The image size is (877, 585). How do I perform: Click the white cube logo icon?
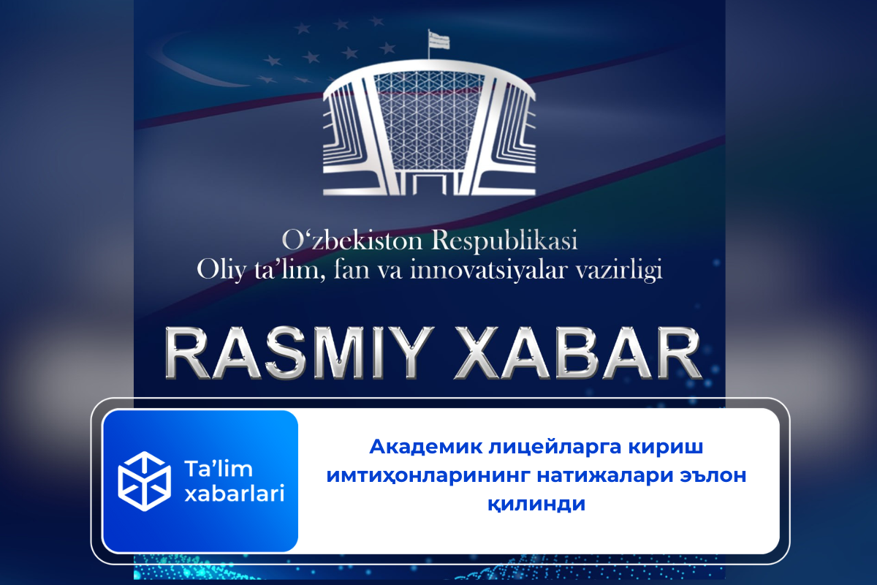[x=144, y=480]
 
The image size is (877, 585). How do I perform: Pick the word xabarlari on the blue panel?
[x=233, y=494]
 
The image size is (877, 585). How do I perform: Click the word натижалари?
[x=607, y=476]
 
